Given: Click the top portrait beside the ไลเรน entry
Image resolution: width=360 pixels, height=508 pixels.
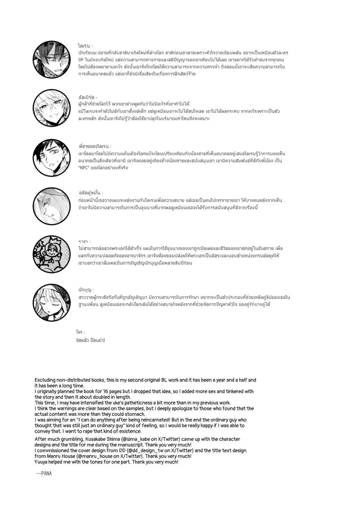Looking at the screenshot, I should click(52, 59).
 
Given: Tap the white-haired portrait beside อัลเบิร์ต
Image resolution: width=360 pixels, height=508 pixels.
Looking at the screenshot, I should click(52, 108).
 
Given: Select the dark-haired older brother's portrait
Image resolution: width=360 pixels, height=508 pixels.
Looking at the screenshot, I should click(52, 157).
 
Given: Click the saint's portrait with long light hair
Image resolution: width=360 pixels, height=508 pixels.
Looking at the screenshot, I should click(52, 302).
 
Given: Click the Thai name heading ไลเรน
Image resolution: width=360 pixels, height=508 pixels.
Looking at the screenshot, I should click(84, 46).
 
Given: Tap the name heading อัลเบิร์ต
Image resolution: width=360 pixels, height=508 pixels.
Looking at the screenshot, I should click(87, 97).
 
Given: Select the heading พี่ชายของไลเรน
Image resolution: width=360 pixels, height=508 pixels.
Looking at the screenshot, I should click(94, 147).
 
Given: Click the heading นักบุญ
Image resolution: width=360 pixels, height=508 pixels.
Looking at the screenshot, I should click(85, 290).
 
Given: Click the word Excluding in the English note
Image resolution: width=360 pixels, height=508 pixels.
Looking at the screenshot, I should click(45, 380).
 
